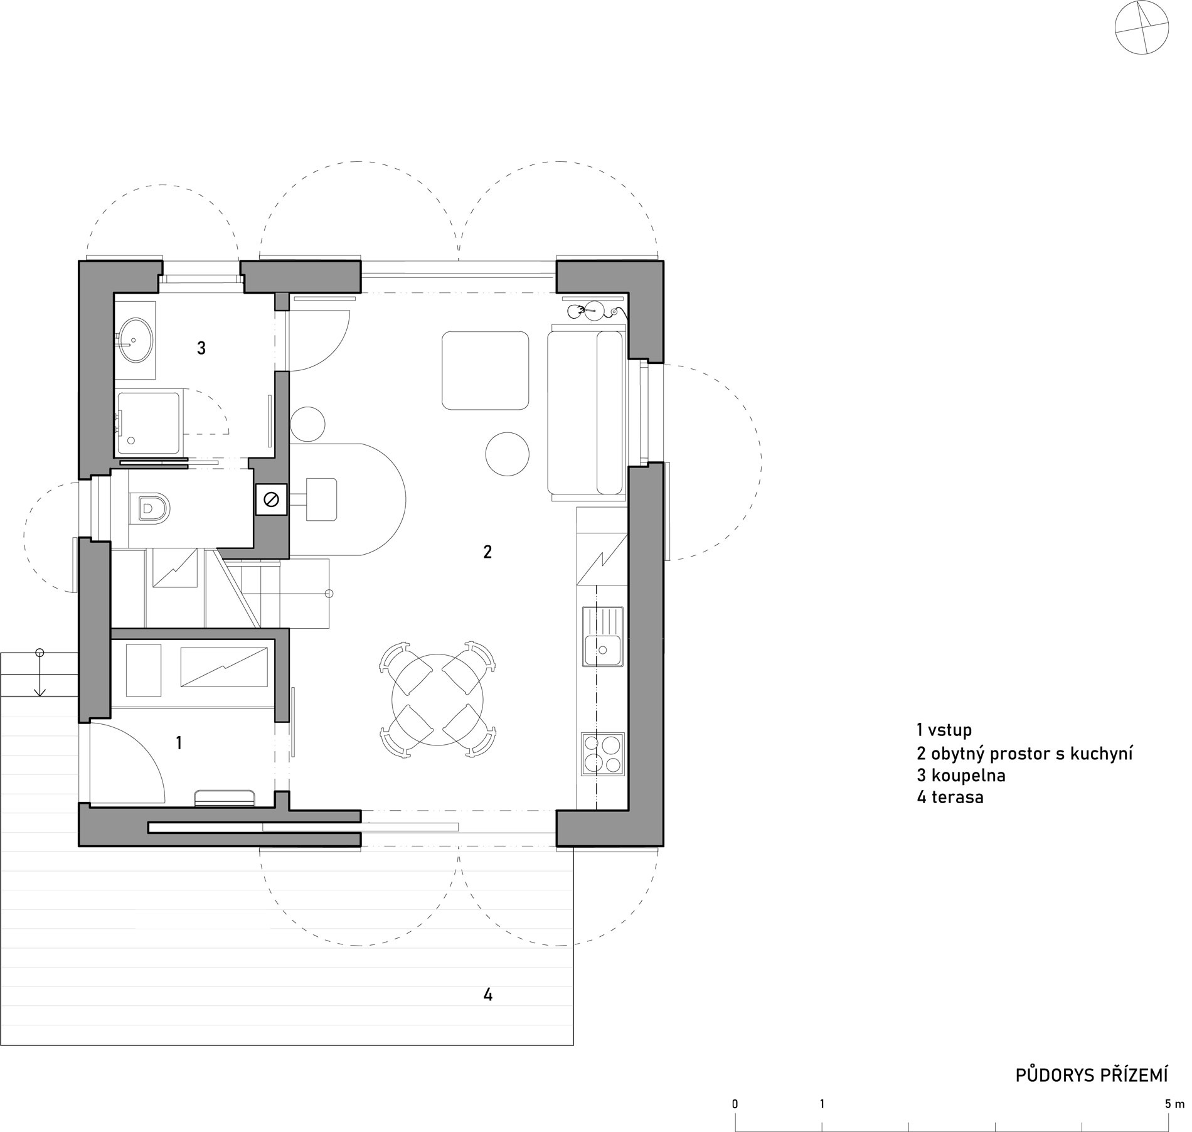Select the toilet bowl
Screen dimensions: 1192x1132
coord(151,508)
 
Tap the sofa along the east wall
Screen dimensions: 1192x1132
coord(586,412)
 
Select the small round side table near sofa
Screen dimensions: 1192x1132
coord(508,454)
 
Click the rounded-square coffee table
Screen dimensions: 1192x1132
coord(484,370)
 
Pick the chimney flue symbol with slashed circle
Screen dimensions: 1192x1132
coord(272,499)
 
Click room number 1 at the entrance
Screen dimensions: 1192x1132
coord(179,743)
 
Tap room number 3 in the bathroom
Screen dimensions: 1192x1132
coord(201,348)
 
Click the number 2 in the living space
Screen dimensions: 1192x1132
coord(487,552)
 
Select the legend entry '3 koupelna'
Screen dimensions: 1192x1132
coord(961,776)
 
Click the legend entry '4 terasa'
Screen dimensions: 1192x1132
coord(949,798)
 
